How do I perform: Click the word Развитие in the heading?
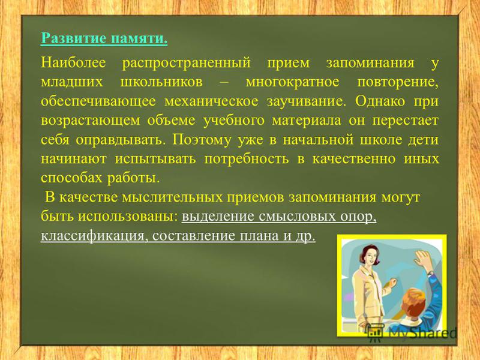74,38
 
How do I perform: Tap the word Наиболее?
73,62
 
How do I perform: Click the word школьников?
161,82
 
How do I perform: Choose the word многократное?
293,83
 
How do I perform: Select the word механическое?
211,101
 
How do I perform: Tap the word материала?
306,121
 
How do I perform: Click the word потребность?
247,159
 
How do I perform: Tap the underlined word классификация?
95,236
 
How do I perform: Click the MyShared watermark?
412,332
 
